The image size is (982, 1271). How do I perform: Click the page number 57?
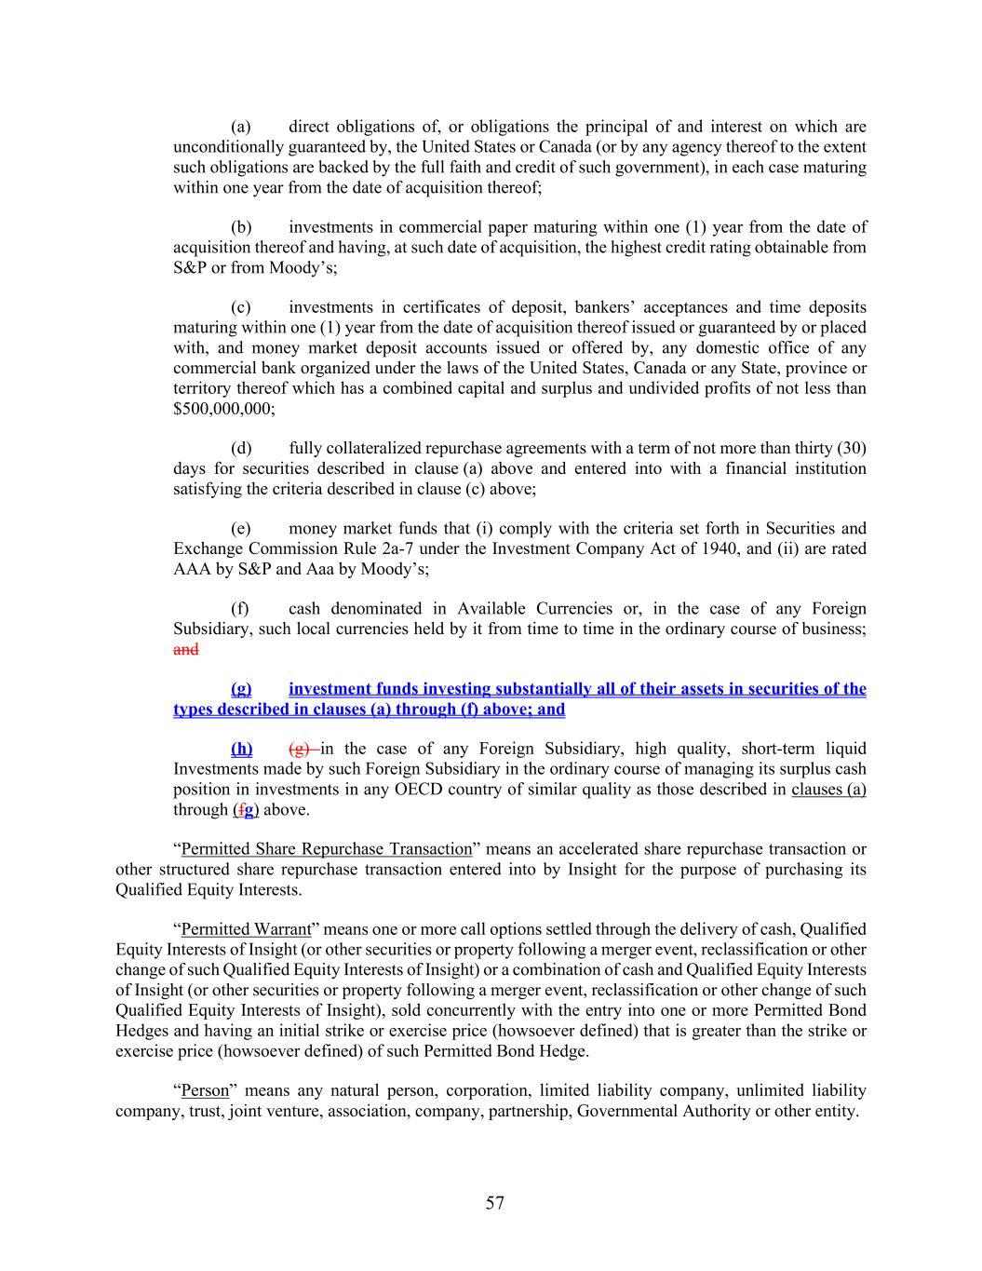pyautogui.click(x=494, y=1203)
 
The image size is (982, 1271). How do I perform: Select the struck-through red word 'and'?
pyautogui.click(x=185, y=649)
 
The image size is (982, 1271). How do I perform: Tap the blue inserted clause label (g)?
pyautogui.click(x=241, y=689)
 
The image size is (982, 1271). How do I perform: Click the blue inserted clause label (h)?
pyautogui.click(x=241, y=749)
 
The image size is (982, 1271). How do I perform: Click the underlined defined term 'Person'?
pyautogui.click(x=205, y=1090)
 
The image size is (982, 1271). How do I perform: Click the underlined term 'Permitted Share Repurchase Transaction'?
pyautogui.click(x=327, y=849)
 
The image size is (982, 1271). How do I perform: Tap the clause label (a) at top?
pyautogui.click(x=241, y=127)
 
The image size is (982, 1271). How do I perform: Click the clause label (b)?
pyautogui.click(x=241, y=227)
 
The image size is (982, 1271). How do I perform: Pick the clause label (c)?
pyautogui.click(x=241, y=307)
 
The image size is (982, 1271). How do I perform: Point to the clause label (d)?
pyautogui.click(x=241, y=449)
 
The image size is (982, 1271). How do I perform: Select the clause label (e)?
pyautogui.click(x=241, y=529)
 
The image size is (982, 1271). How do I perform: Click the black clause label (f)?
pyautogui.click(x=240, y=609)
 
